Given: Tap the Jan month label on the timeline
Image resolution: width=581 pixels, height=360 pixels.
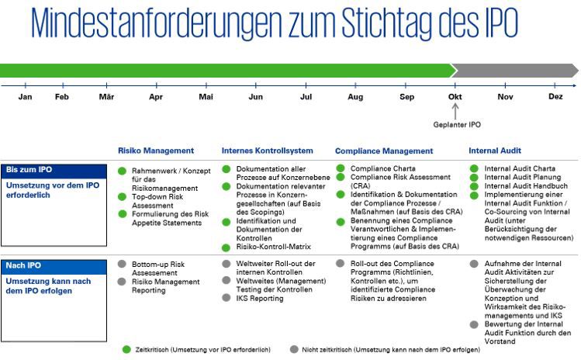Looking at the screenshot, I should click(x=25, y=97).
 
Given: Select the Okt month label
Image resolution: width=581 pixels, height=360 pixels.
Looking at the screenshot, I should click(x=455, y=97).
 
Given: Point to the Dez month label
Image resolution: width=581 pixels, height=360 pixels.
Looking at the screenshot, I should click(x=555, y=97).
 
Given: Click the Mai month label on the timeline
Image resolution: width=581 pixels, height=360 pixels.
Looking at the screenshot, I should click(x=206, y=97).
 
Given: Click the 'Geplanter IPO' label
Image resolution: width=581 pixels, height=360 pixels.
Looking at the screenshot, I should click(x=457, y=124).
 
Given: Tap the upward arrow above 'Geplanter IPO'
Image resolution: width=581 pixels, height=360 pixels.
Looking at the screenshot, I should click(x=455, y=110).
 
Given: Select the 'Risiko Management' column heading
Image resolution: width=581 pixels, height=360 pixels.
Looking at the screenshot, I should click(x=156, y=151).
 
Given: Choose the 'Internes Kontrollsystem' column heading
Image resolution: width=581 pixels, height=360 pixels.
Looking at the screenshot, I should click(x=268, y=151).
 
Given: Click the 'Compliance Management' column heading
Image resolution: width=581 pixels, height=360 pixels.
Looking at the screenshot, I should click(x=384, y=151).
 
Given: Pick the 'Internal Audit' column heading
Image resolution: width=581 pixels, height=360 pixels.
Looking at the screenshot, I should click(x=495, y=151).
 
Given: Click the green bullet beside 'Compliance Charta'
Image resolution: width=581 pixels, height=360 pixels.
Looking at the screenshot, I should click(x=341, y=168).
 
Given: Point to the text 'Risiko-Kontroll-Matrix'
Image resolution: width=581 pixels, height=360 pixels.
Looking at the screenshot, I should click(x=273, y=247).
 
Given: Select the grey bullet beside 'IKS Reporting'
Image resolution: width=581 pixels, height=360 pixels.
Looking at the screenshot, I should click(x=227, y=298).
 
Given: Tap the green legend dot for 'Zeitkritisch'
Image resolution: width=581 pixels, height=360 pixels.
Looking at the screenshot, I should click(x=126, y=350).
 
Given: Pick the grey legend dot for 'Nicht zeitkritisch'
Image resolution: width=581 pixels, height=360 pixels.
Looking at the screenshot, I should click(x=293, y=350).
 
